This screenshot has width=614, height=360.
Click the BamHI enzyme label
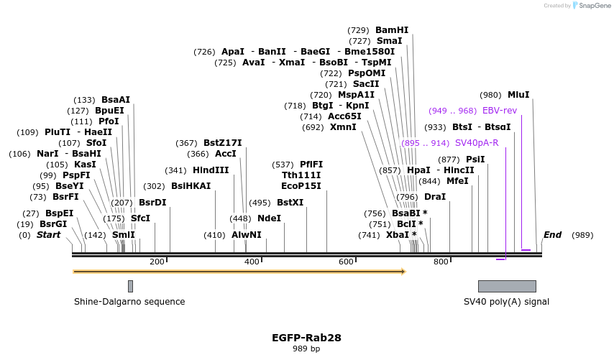point(392,30)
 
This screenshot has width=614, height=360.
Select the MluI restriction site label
point(518,95)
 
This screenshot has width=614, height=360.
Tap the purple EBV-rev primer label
point(499,111)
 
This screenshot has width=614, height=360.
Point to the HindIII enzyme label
point(211,170)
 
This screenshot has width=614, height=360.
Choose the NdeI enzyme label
point(269,218)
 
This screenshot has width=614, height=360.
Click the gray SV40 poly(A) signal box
point(507,286)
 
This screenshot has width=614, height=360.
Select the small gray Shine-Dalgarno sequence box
point(130,286)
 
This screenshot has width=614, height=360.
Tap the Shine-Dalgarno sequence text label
point(129,302)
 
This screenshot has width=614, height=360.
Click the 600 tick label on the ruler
point(346,262)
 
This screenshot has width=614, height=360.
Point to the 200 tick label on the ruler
point(157,262)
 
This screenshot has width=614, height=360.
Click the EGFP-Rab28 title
point(306,337)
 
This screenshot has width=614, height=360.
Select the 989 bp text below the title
point(306,349)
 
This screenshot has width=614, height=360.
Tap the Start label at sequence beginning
point(49,235)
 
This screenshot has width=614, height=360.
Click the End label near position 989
point(552,235)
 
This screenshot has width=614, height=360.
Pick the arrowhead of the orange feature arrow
point(404,272)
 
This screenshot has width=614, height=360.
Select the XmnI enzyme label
point(343,127)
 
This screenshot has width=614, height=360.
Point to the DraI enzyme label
point(435,197)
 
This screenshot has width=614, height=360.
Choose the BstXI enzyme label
point(290,203)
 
